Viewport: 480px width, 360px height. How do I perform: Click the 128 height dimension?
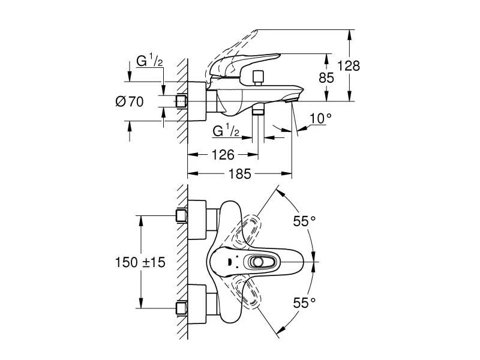[348, 66]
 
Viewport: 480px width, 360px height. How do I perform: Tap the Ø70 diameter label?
[130, 102]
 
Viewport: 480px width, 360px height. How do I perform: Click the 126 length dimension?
[223, 155]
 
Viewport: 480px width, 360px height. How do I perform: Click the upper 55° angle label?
[304, 221]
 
